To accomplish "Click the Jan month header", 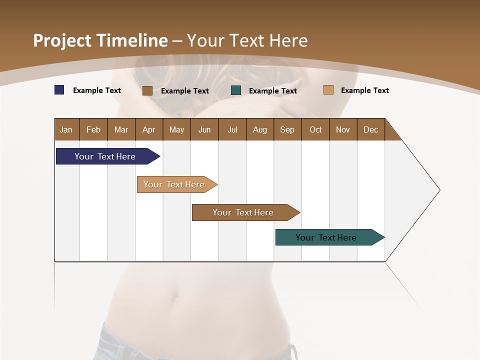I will [66, 129].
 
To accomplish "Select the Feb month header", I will [93, 129].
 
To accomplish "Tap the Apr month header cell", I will [149, 129].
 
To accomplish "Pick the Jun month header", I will [204, 129].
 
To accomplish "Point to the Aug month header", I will [260, 129].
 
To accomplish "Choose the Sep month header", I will [287, 129].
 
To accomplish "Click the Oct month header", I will [315, 129].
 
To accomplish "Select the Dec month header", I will [371, 129].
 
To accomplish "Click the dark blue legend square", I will [59, 90].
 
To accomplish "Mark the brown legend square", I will [147, 90].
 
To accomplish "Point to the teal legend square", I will [236, 90].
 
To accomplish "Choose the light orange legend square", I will [328, 90].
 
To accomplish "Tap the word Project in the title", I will [62, 40].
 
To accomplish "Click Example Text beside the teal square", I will [273, 91].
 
